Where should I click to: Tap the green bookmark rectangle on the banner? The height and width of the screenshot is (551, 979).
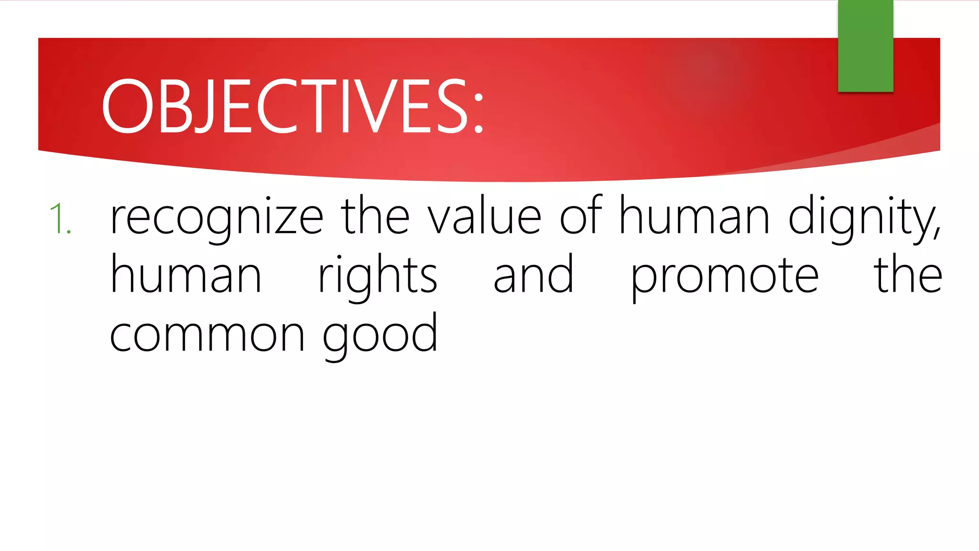[x=865, y=46]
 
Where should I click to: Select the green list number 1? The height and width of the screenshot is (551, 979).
[x=60, y=219]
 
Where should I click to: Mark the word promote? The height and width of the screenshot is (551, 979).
[x=724, y=277]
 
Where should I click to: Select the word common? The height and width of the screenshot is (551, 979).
[x=207, y=335]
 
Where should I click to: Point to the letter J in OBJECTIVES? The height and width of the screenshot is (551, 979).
[x=203, y=106]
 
